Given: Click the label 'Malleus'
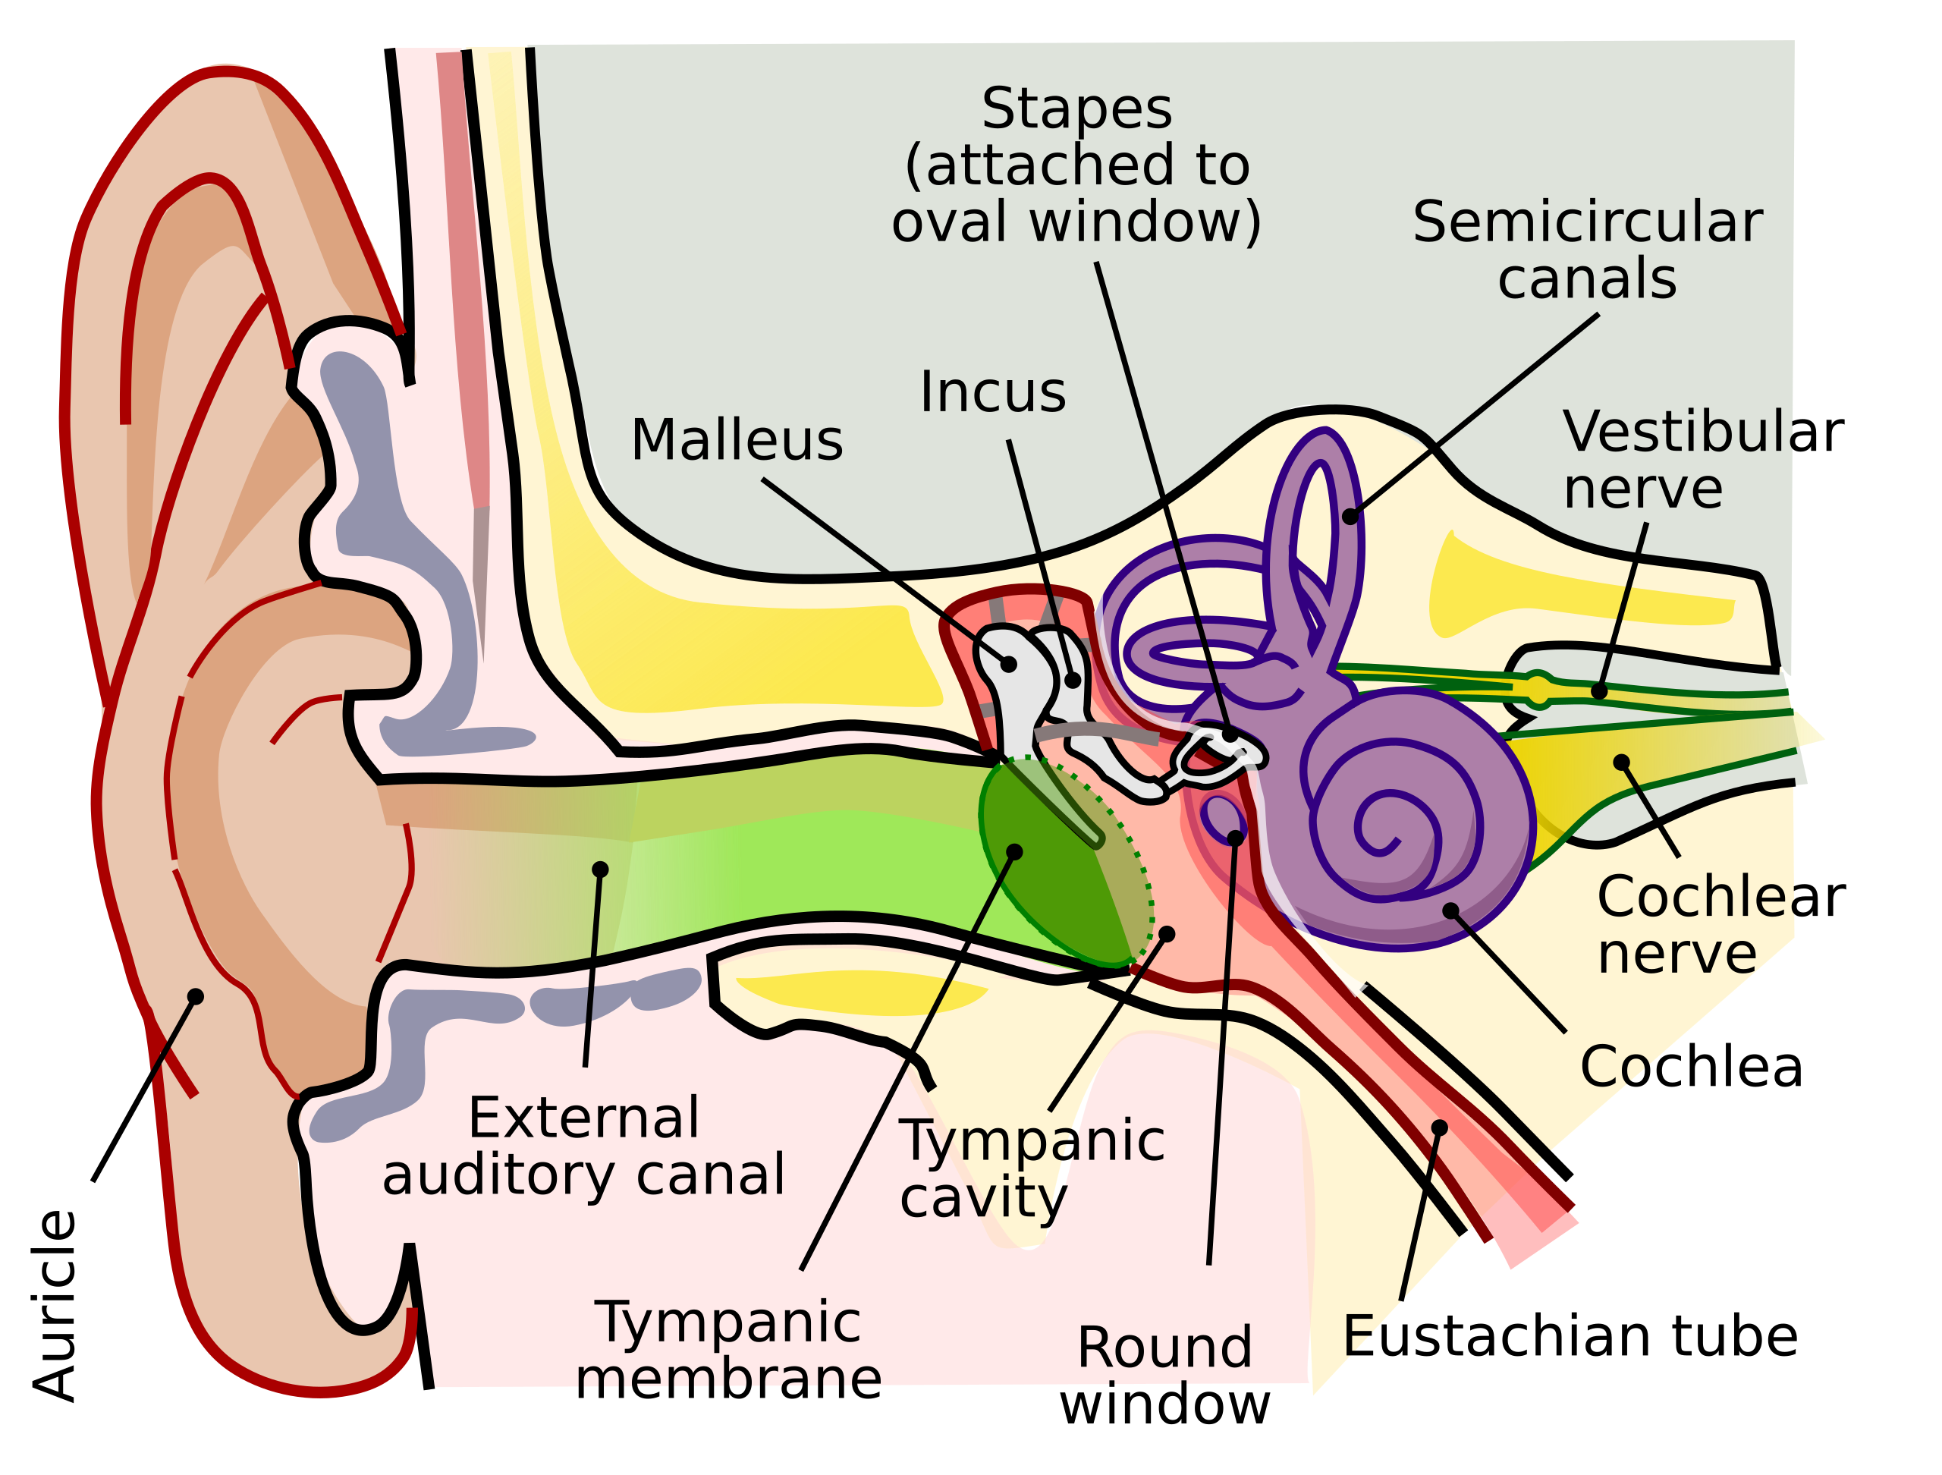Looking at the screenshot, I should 737,440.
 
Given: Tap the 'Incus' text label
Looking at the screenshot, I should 992,392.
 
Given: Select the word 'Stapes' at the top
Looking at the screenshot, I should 1076,110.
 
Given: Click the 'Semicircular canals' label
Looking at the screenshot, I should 1586,250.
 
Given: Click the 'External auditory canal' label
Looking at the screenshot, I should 584,1146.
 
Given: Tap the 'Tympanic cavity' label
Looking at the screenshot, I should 1031,1168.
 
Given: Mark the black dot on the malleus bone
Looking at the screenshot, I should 1009,665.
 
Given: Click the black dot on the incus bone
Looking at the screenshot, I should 1073,681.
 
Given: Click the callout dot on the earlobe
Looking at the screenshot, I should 196,996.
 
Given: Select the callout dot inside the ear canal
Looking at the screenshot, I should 601,870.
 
